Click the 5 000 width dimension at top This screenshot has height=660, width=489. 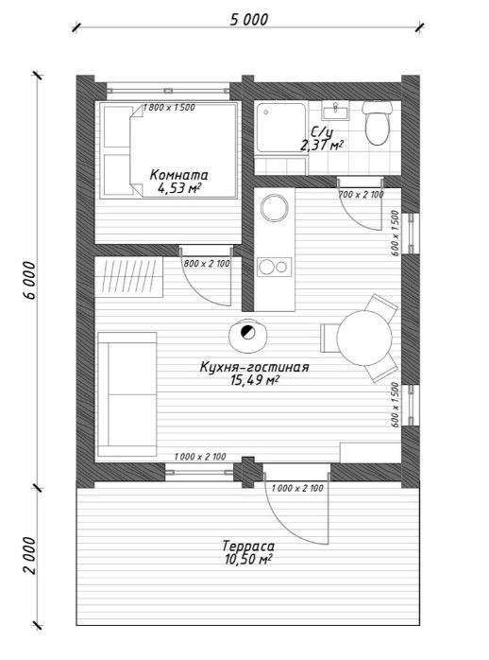pyautogui.click(x=248, y=19)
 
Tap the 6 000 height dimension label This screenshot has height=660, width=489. pyautogui.click(x=29, y=280)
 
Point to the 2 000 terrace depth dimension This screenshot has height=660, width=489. pyautogui.click(x=29, y=555)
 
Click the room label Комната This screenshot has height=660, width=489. pyautogui.click(x=178, y=174)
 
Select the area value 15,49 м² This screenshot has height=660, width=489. pyautogui.click(x=255, y=380)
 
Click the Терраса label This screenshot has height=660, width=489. pyautogui.click(x=248, y=546)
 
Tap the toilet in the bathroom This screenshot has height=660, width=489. pyautogui.click(x=378, y=123)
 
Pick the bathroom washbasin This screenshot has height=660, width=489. pyautogui.click(x=336, y=111)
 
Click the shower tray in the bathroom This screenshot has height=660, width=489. pyautogui.click(x=281, y=127)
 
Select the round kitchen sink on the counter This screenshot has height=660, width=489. pyautogui.click(x=275, y=207)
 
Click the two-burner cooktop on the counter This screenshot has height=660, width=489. pyautogui.click(x=275, y=267)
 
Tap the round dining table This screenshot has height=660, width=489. pyautogui.click(x=363, y=338)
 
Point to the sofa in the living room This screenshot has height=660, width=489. pyautogui.click(x=127, y=394)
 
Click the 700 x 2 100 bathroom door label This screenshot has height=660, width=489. pyautogui.click(x=362, y=195)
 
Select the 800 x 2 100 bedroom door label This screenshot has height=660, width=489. pyautogui.click(x=207, y=264)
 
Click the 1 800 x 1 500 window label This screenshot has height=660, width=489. pyautogui.click(x=169, y=108)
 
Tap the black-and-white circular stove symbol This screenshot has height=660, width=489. pyautogui.click(x=248, y=333)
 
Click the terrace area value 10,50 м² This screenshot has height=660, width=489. pyautogui.click(x=247, y=560)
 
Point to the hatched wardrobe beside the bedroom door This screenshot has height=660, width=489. pyautogui.click(x=129, y=276)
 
